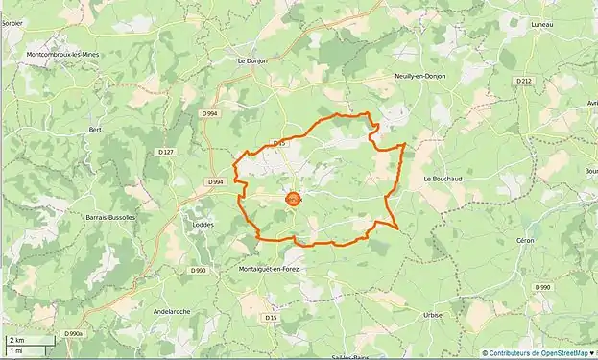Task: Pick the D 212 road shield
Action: coord(522,82)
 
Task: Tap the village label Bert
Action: coord(95,128)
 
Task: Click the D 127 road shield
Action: coord(166,152)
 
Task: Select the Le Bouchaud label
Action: coord(443,178)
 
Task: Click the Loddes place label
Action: coord(204,224)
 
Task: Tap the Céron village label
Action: coord(552,239)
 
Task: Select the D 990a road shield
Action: coord(75,333)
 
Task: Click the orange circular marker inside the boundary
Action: coord(293,200)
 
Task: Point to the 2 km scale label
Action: coord(16,341)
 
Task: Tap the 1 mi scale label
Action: coord(15,351)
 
